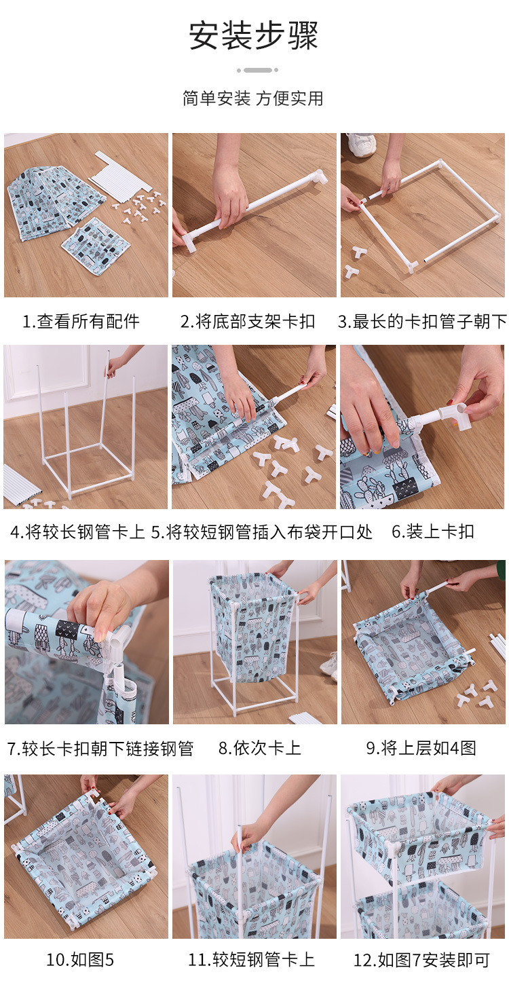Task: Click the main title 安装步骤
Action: [x=253, y=35]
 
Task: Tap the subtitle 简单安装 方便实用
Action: [x=253, y=98]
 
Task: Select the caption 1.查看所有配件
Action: [x=81, y=321]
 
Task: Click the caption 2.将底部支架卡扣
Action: [x=248, y=321]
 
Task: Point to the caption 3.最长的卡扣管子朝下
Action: [x=423, y=321]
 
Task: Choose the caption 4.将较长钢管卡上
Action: [x=77, y=531]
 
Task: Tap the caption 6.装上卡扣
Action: [x=432, y=531]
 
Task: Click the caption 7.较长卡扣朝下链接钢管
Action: [x=100, y=748]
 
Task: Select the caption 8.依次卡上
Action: [x=259, y=747]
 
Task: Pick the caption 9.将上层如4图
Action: [x=421, y=747]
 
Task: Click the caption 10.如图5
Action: [x=80, y=959]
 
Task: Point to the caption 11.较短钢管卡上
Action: [x=251, y=959]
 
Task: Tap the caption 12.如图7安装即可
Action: [x=421, y=959]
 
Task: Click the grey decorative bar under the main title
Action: [x=257, y=70]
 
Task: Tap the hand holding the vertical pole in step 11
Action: [x=247, y=834]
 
